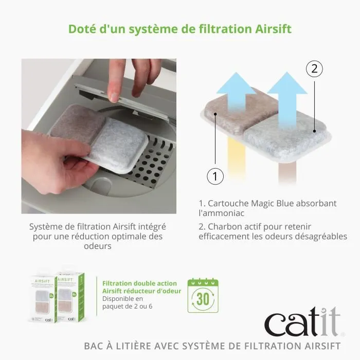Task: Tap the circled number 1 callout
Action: point(215,176)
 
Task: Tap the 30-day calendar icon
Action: point(203,297)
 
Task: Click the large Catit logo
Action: point(302,323)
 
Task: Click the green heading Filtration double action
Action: point(139,283)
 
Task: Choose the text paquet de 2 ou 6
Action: point(128,307)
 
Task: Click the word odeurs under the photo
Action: point(97,246)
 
